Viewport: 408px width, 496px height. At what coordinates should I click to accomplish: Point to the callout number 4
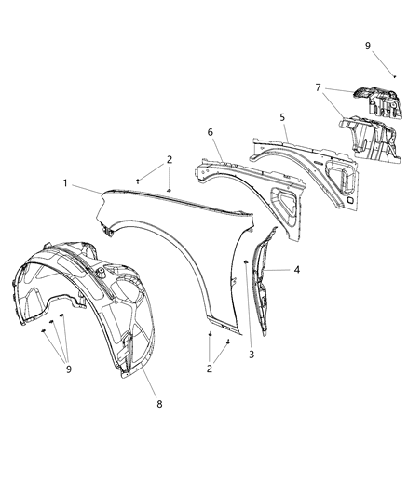pos(297,270)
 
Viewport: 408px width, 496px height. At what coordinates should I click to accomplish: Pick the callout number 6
pos(211,133)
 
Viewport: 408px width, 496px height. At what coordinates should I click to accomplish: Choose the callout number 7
pos(319,88)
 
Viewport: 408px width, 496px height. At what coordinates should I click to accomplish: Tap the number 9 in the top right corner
pos(368,46)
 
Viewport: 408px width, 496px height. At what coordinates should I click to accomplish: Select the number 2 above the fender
pos(169,159)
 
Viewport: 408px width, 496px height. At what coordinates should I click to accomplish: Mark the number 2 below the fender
pos(210,369)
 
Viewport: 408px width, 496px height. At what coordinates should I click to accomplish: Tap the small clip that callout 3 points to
pos(246,263)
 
